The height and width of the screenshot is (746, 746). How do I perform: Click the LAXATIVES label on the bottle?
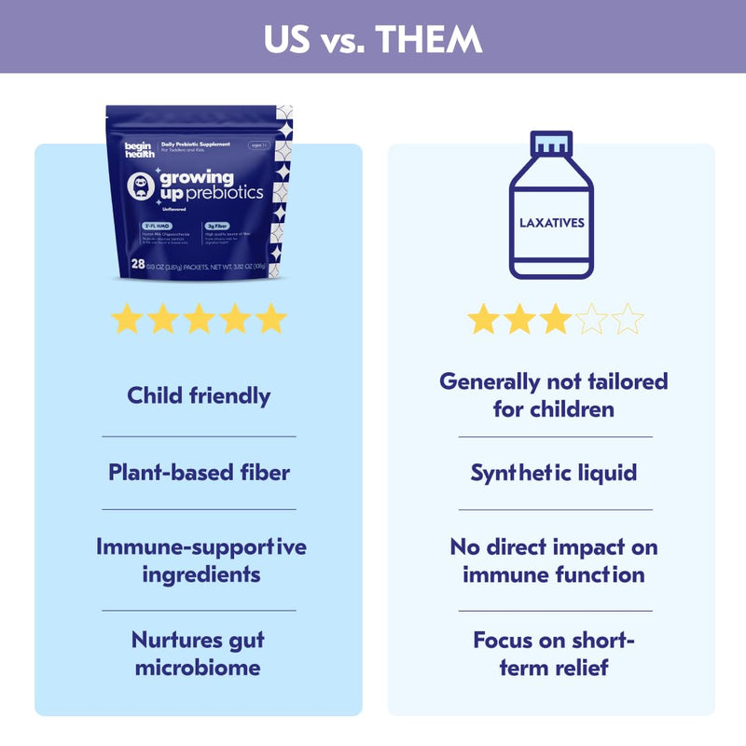(551, 224)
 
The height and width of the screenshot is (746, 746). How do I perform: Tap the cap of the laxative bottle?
(551, 144)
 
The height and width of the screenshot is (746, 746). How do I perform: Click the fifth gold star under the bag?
(271, 319)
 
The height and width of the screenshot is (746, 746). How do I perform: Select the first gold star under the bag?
(127, 319)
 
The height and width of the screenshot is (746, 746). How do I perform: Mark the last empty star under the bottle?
(628, 319)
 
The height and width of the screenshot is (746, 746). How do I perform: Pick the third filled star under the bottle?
(556, 319)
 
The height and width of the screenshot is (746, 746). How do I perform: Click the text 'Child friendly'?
(199, 395)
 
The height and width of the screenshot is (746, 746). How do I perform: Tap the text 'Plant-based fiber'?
(199, 472)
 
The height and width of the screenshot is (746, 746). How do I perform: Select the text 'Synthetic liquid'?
(553, 473)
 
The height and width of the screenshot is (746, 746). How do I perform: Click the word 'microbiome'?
(198, 667)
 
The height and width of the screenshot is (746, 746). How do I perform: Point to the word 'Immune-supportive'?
(201, 546)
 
